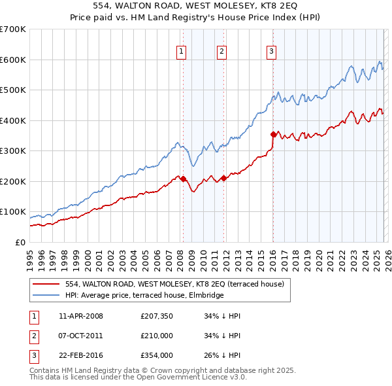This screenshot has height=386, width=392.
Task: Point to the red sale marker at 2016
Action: pyautogui.click(x=273, y=134)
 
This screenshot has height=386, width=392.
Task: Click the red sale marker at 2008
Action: pyautogui.click(x=183, y=179)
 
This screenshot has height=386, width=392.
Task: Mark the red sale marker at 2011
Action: pyautogui.click(x=223, y=178)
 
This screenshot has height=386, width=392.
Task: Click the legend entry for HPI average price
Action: pyautogui.click(x=144, y=295)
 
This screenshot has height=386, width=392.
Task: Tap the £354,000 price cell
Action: pyautogui.click(x=156, y=356)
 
